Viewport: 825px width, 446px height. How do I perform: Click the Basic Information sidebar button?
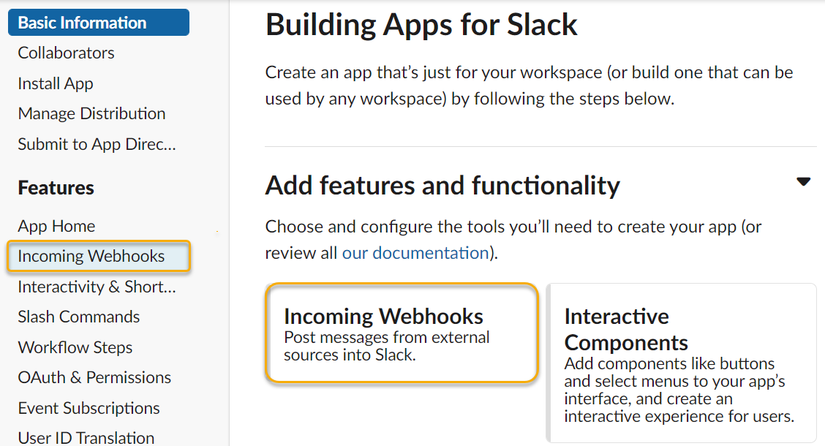(98, 23)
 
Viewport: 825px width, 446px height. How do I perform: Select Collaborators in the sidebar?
(66, 53)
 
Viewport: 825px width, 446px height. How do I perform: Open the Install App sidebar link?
(56, 83)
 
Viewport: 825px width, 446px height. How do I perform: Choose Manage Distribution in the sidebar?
(91, 113)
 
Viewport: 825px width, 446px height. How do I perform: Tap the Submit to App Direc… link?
(97, 144)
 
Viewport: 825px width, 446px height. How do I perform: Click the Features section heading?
(56, 188)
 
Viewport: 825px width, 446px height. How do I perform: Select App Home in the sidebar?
(56, 226)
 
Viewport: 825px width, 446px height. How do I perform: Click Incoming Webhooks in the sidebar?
(91, 257)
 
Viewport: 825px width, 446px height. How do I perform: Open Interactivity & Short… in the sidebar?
(97, 287)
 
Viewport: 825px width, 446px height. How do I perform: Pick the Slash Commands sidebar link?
(78, 317)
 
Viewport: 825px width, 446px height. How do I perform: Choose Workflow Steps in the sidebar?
(75, 347)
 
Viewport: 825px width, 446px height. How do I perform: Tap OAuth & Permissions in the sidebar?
(94, 377)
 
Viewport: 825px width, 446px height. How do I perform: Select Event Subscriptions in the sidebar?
(88, 408)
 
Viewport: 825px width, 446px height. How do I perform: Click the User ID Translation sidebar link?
(86, 437)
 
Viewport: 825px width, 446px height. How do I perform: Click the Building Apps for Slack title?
(421, 25)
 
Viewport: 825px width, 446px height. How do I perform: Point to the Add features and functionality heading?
(442, 186)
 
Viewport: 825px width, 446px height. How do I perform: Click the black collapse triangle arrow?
(803, 182)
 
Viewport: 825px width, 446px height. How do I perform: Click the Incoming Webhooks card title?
(383, 317)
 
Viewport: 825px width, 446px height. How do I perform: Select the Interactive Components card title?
(626, 329)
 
